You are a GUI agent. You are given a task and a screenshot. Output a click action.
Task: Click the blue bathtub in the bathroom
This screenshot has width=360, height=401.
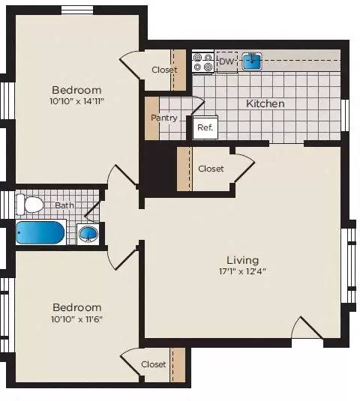click(x=40, y=232)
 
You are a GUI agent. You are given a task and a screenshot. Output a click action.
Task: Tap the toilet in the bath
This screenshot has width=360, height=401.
click(x=31, y=204)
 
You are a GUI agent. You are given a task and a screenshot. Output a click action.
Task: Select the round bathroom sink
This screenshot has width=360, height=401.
click(x=88, y=233)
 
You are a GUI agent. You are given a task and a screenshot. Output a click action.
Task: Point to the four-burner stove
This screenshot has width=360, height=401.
click(x=202, y=62)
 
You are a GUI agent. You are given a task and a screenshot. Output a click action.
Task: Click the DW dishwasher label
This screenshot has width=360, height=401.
click(x=226, y=61)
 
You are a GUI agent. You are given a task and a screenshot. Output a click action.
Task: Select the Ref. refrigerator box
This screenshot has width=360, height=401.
click(x=205, y=127)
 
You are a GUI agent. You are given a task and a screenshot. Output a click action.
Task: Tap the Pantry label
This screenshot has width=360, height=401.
click(x=164, y=118)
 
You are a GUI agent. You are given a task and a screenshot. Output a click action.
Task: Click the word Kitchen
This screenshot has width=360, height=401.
click(x=265, y=103)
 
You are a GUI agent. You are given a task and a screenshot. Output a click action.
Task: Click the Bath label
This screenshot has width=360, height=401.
click(x=64, y=205)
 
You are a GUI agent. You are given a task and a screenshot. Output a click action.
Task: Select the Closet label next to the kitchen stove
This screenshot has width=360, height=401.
click(x=164, y=70)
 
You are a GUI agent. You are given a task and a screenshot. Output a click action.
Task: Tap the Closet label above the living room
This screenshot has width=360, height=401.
click(x=211, y=169)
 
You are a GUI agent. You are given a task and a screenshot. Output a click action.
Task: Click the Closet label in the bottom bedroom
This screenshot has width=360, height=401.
click(x=154, y=364)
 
